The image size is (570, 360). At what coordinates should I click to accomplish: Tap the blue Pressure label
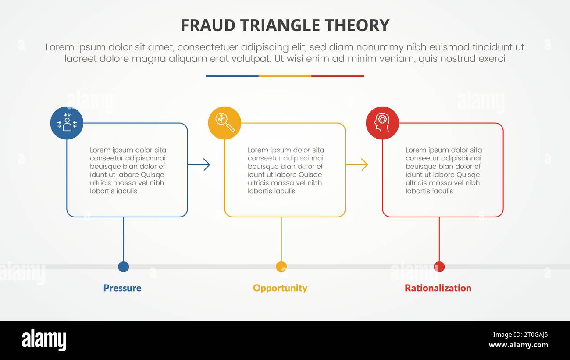coord(122,288)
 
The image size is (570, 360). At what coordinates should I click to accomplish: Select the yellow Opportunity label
coord(280,288)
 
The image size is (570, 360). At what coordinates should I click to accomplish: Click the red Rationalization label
coord(438,288)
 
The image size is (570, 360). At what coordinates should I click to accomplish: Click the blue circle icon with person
coord(67,123)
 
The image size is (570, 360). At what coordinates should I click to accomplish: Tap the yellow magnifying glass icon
coord(224,123)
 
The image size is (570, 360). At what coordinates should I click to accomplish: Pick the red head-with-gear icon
coord(382,123)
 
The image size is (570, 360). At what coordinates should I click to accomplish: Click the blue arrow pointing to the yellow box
coord(199,165)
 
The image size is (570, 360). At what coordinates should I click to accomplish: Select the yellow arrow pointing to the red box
coord(357,165)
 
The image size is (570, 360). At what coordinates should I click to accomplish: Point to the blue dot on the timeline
coord(124,267)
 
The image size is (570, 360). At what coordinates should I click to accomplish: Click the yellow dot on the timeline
coord(281,267)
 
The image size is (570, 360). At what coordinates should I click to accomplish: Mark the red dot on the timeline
coord(439,267)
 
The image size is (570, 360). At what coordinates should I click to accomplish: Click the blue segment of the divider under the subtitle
coord(232,76)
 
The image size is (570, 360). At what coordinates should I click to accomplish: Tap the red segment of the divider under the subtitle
coord(338,76)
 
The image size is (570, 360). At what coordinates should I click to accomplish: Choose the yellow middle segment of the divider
coord(285,76)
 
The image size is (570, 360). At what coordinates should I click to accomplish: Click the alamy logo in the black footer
coord(44,340)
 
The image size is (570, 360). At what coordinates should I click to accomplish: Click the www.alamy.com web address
coord(518,345)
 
